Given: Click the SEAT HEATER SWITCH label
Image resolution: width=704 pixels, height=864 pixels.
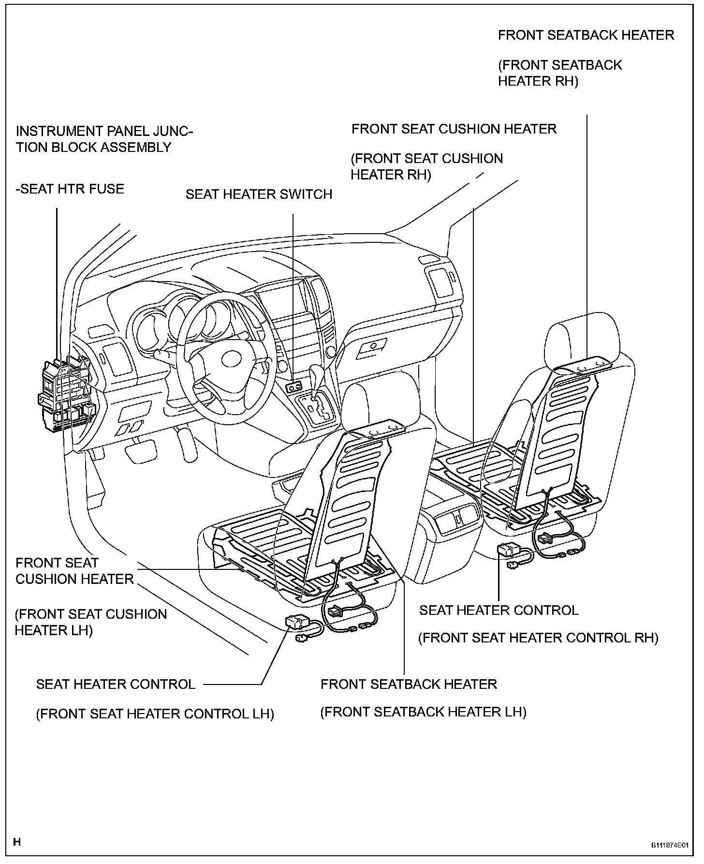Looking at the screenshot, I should (x=259, y=194).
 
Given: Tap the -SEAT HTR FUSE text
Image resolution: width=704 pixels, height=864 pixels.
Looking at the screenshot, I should (x=70, y=189).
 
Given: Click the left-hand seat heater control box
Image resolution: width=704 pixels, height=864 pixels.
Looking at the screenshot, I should (x=298, y=621).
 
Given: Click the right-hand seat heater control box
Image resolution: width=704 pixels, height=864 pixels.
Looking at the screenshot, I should (x=509, y=550).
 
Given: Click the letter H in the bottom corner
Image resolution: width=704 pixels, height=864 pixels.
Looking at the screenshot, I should (x=17, y=842).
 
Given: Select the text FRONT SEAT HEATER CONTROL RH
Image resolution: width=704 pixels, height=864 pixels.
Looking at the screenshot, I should (x=538, y=638).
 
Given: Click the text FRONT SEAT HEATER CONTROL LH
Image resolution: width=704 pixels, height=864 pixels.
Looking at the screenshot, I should (x=155, y=714).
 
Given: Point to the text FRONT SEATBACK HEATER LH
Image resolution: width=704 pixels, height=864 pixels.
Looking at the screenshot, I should (x=423, y=712).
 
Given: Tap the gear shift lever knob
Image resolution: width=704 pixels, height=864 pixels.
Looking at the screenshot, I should (x=317, y=373).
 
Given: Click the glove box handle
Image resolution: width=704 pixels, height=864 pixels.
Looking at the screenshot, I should (x=373, y=346).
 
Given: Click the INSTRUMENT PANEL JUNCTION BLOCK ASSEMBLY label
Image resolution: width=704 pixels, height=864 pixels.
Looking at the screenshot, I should (x=104, y=139).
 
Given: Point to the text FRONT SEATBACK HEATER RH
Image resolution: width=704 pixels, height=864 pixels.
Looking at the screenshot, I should (x=559, y=73).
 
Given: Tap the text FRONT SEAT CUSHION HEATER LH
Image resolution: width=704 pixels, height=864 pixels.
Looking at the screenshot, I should (x=90, y=622).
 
